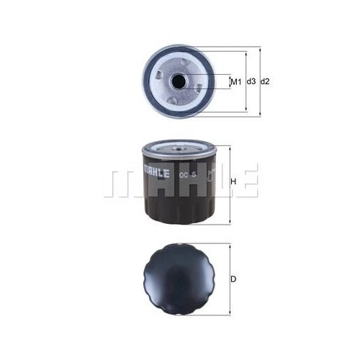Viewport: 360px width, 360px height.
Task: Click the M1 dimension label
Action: click(235, 82)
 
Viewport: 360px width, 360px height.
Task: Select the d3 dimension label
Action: click(251, 82)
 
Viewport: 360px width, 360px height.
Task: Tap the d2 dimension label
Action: click(265, 82)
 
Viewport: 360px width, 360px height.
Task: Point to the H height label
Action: click(233, 181)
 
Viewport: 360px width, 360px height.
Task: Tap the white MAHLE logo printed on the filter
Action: click(157, 172)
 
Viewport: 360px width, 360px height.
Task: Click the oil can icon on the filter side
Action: click(210, 174)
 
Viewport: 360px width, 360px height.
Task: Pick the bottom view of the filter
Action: click(180, 276)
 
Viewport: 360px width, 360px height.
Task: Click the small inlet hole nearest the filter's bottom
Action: click(174, 100)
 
